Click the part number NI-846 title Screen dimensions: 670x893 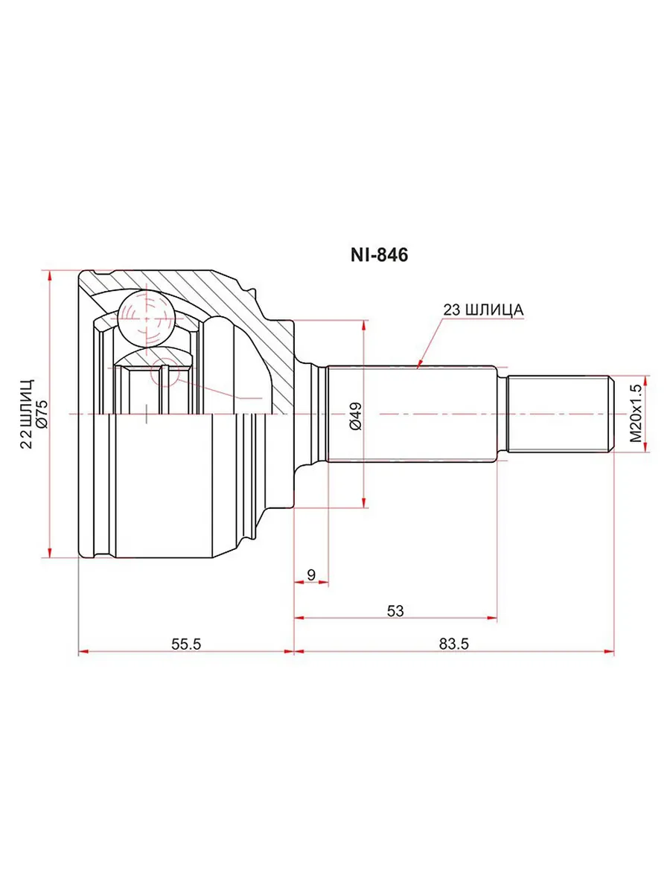379,255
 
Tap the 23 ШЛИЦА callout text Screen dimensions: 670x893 483,310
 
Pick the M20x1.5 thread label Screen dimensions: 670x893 636,414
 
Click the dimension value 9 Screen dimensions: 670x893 311,574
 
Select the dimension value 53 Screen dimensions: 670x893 395,610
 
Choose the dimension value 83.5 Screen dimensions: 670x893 454,644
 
